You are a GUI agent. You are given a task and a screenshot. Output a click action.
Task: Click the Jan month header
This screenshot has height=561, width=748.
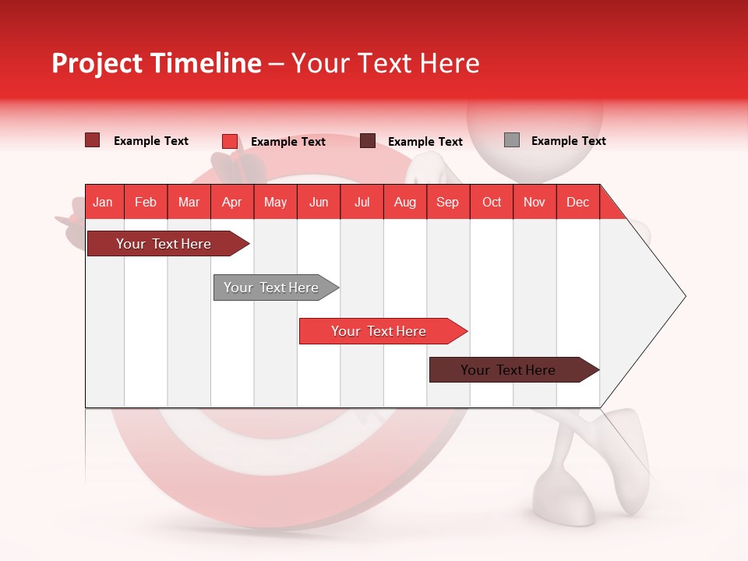click(103, 203)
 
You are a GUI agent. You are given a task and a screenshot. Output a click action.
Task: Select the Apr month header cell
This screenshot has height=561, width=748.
click(232, 203)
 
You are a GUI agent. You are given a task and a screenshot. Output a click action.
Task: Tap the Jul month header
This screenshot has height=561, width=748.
click(362, 203)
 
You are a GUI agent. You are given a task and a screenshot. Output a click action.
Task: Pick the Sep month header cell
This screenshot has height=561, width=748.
click(447, 203)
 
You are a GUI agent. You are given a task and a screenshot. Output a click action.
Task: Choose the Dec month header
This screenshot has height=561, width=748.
click(577, 203)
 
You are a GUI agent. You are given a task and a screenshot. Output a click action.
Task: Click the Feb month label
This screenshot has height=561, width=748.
click(146, 203)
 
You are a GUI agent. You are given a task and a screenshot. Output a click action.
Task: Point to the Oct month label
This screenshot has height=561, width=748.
click(492, 203)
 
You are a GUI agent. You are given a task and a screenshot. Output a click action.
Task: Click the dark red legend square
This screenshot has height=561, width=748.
click(92, 140)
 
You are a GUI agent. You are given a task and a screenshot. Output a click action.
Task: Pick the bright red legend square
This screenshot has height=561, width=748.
click(229, 141)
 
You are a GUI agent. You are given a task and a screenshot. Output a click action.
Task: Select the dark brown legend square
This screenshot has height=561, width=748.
click(368, 141)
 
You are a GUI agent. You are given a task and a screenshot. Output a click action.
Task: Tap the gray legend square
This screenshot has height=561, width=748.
click(511, 140)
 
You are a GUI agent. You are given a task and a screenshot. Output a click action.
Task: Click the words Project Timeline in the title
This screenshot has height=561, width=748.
click(156, 63)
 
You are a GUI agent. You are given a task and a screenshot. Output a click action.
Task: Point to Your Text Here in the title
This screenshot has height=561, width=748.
click(386, 63)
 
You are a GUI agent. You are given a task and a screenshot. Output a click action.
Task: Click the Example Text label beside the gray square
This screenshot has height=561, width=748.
click(568, 141)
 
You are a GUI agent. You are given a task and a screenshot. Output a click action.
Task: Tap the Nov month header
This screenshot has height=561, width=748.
click(535, 203)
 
